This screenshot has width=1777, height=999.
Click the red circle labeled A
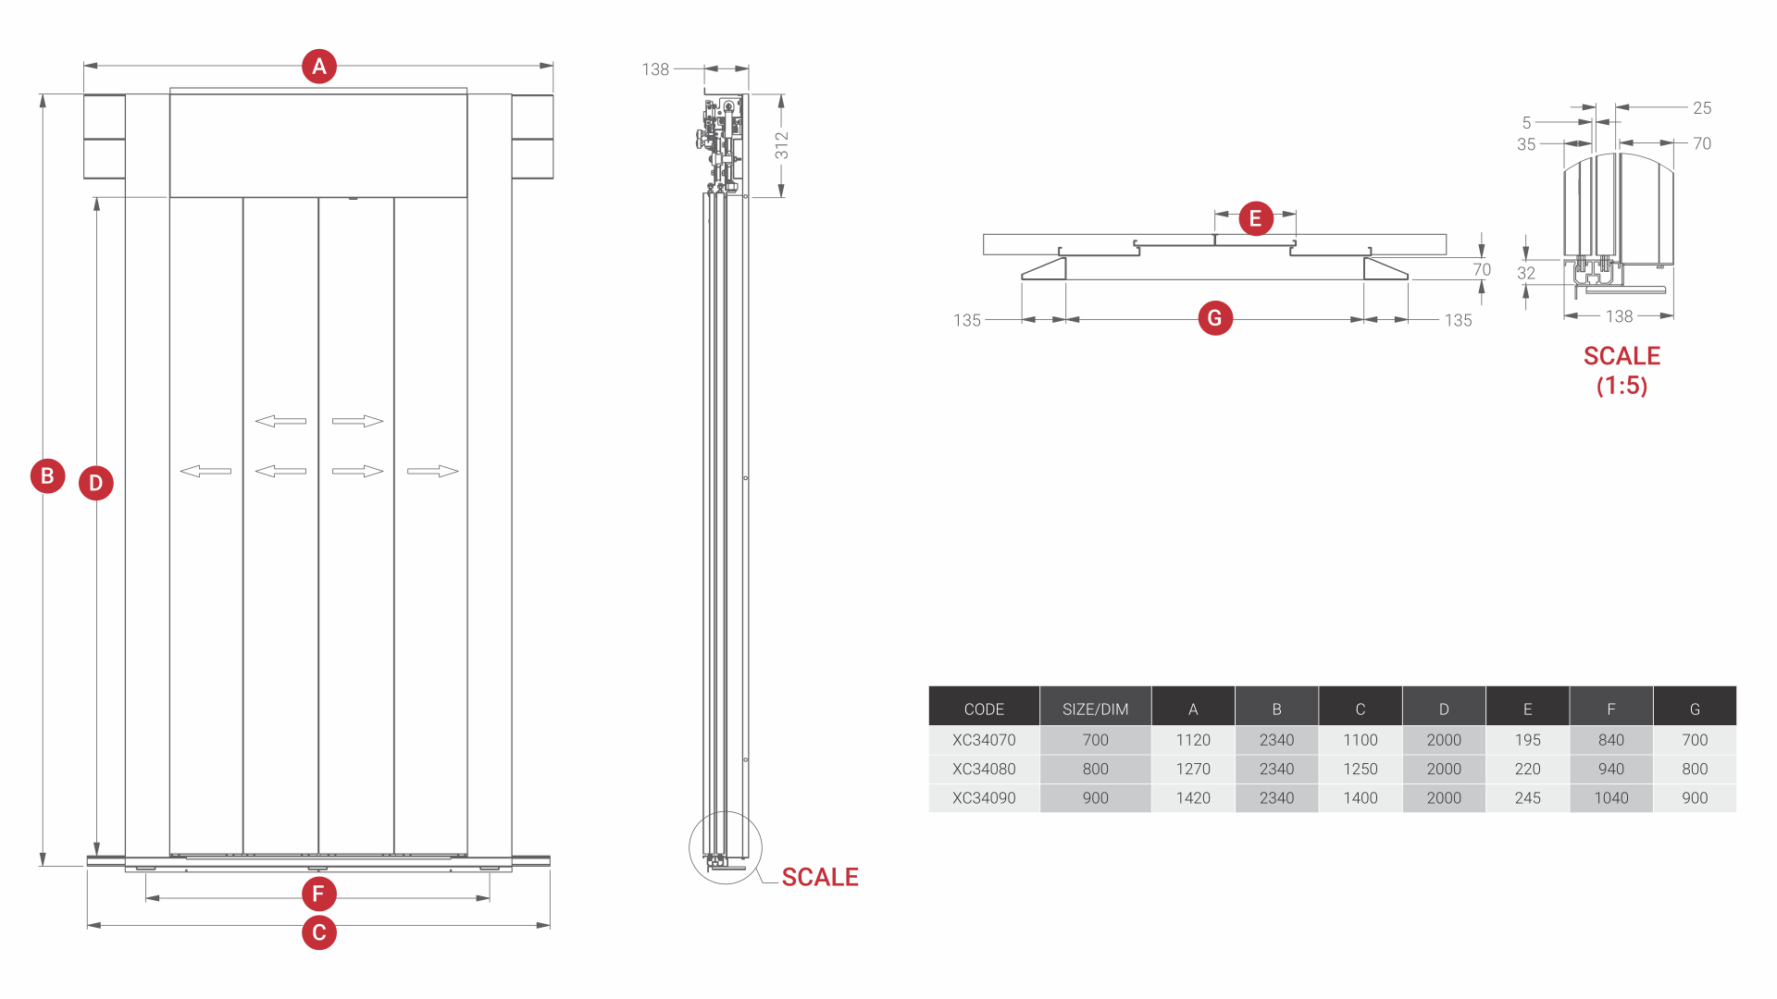(x=319, y=67)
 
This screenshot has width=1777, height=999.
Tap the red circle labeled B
(x=47, y=475)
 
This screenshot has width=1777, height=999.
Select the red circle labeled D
(x=96, y=483)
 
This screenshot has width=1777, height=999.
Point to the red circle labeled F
(x=319, y=894)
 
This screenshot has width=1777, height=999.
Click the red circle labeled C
(x=319, y=932)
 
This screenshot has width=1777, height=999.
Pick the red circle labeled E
(x=1255, y=218)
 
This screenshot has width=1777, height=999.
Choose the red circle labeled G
(x=1215, y=318)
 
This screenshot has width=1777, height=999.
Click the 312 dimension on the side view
(x=782, y=145)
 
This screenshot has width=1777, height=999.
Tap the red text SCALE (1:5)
(x=1622, y=370)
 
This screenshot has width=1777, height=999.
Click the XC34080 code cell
(x=984, y=769)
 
